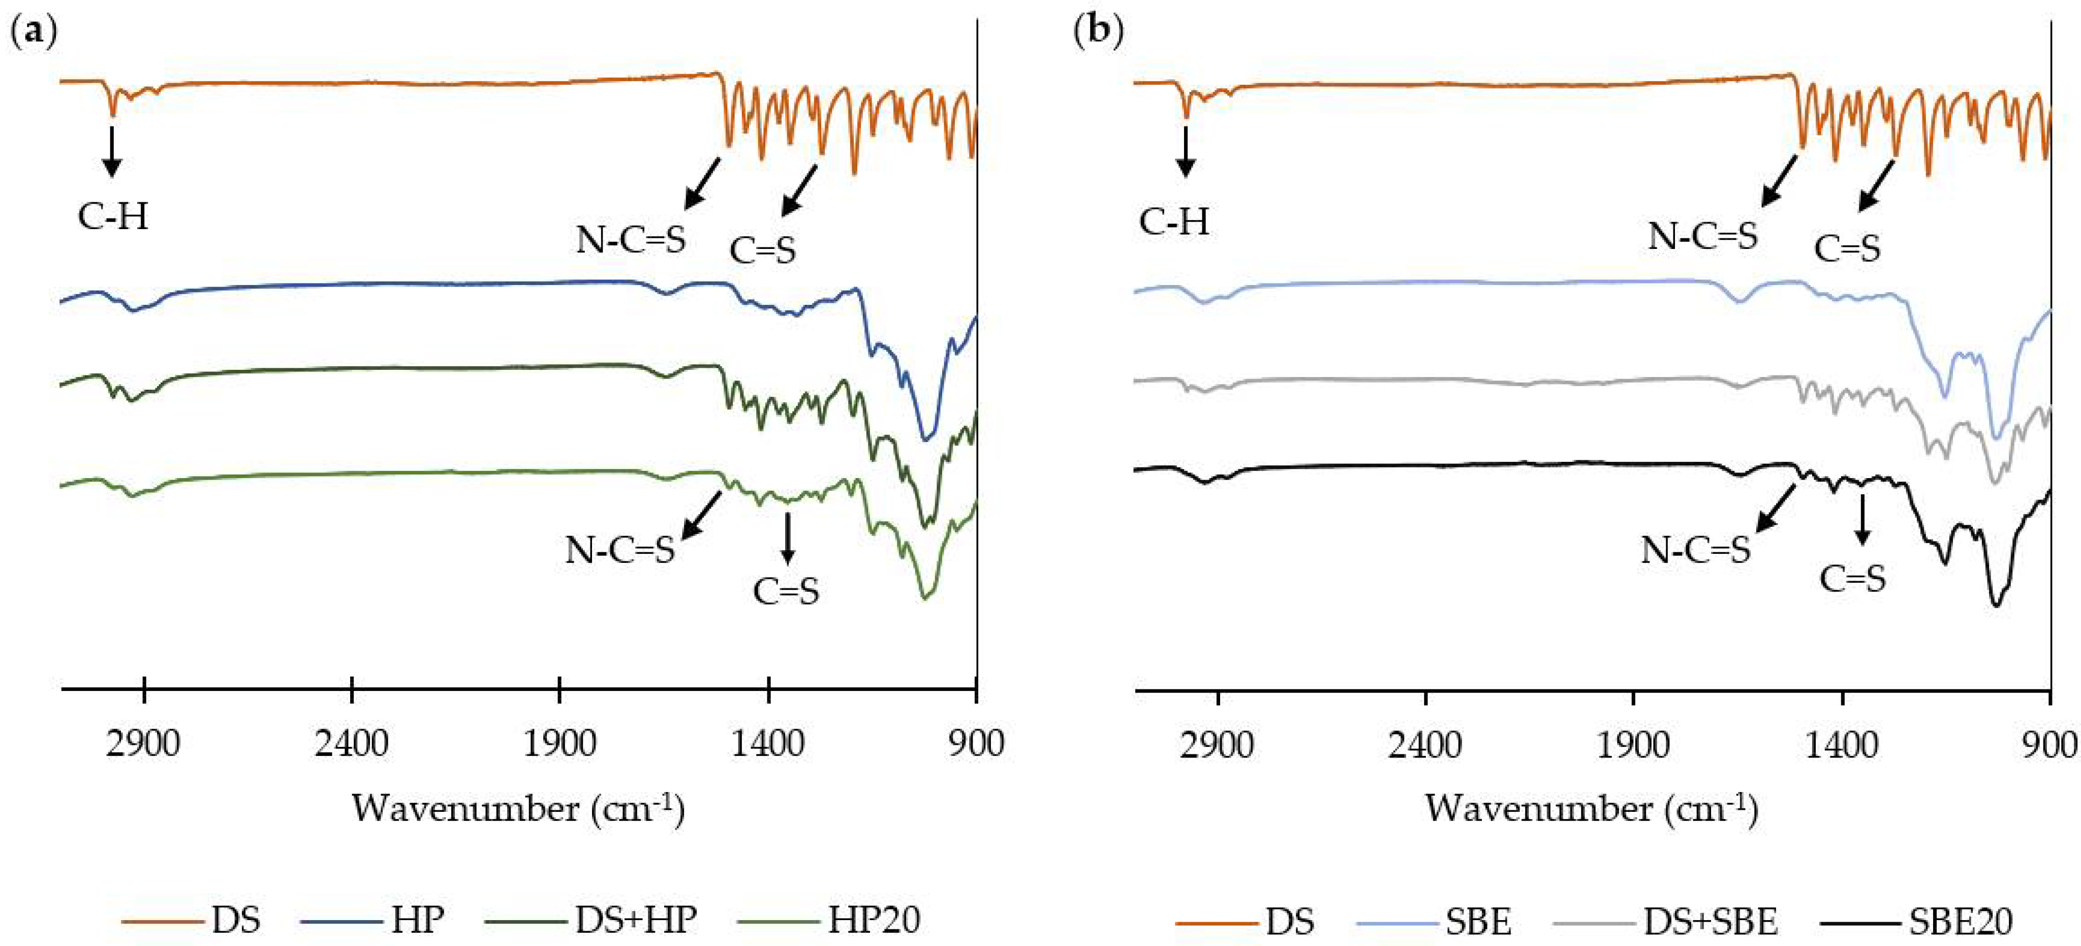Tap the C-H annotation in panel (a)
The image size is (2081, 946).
[x=113, y=216]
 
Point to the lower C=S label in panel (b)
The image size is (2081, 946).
[x=1852, y=579]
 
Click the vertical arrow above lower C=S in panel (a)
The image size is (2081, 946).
[x=787, y=537]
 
